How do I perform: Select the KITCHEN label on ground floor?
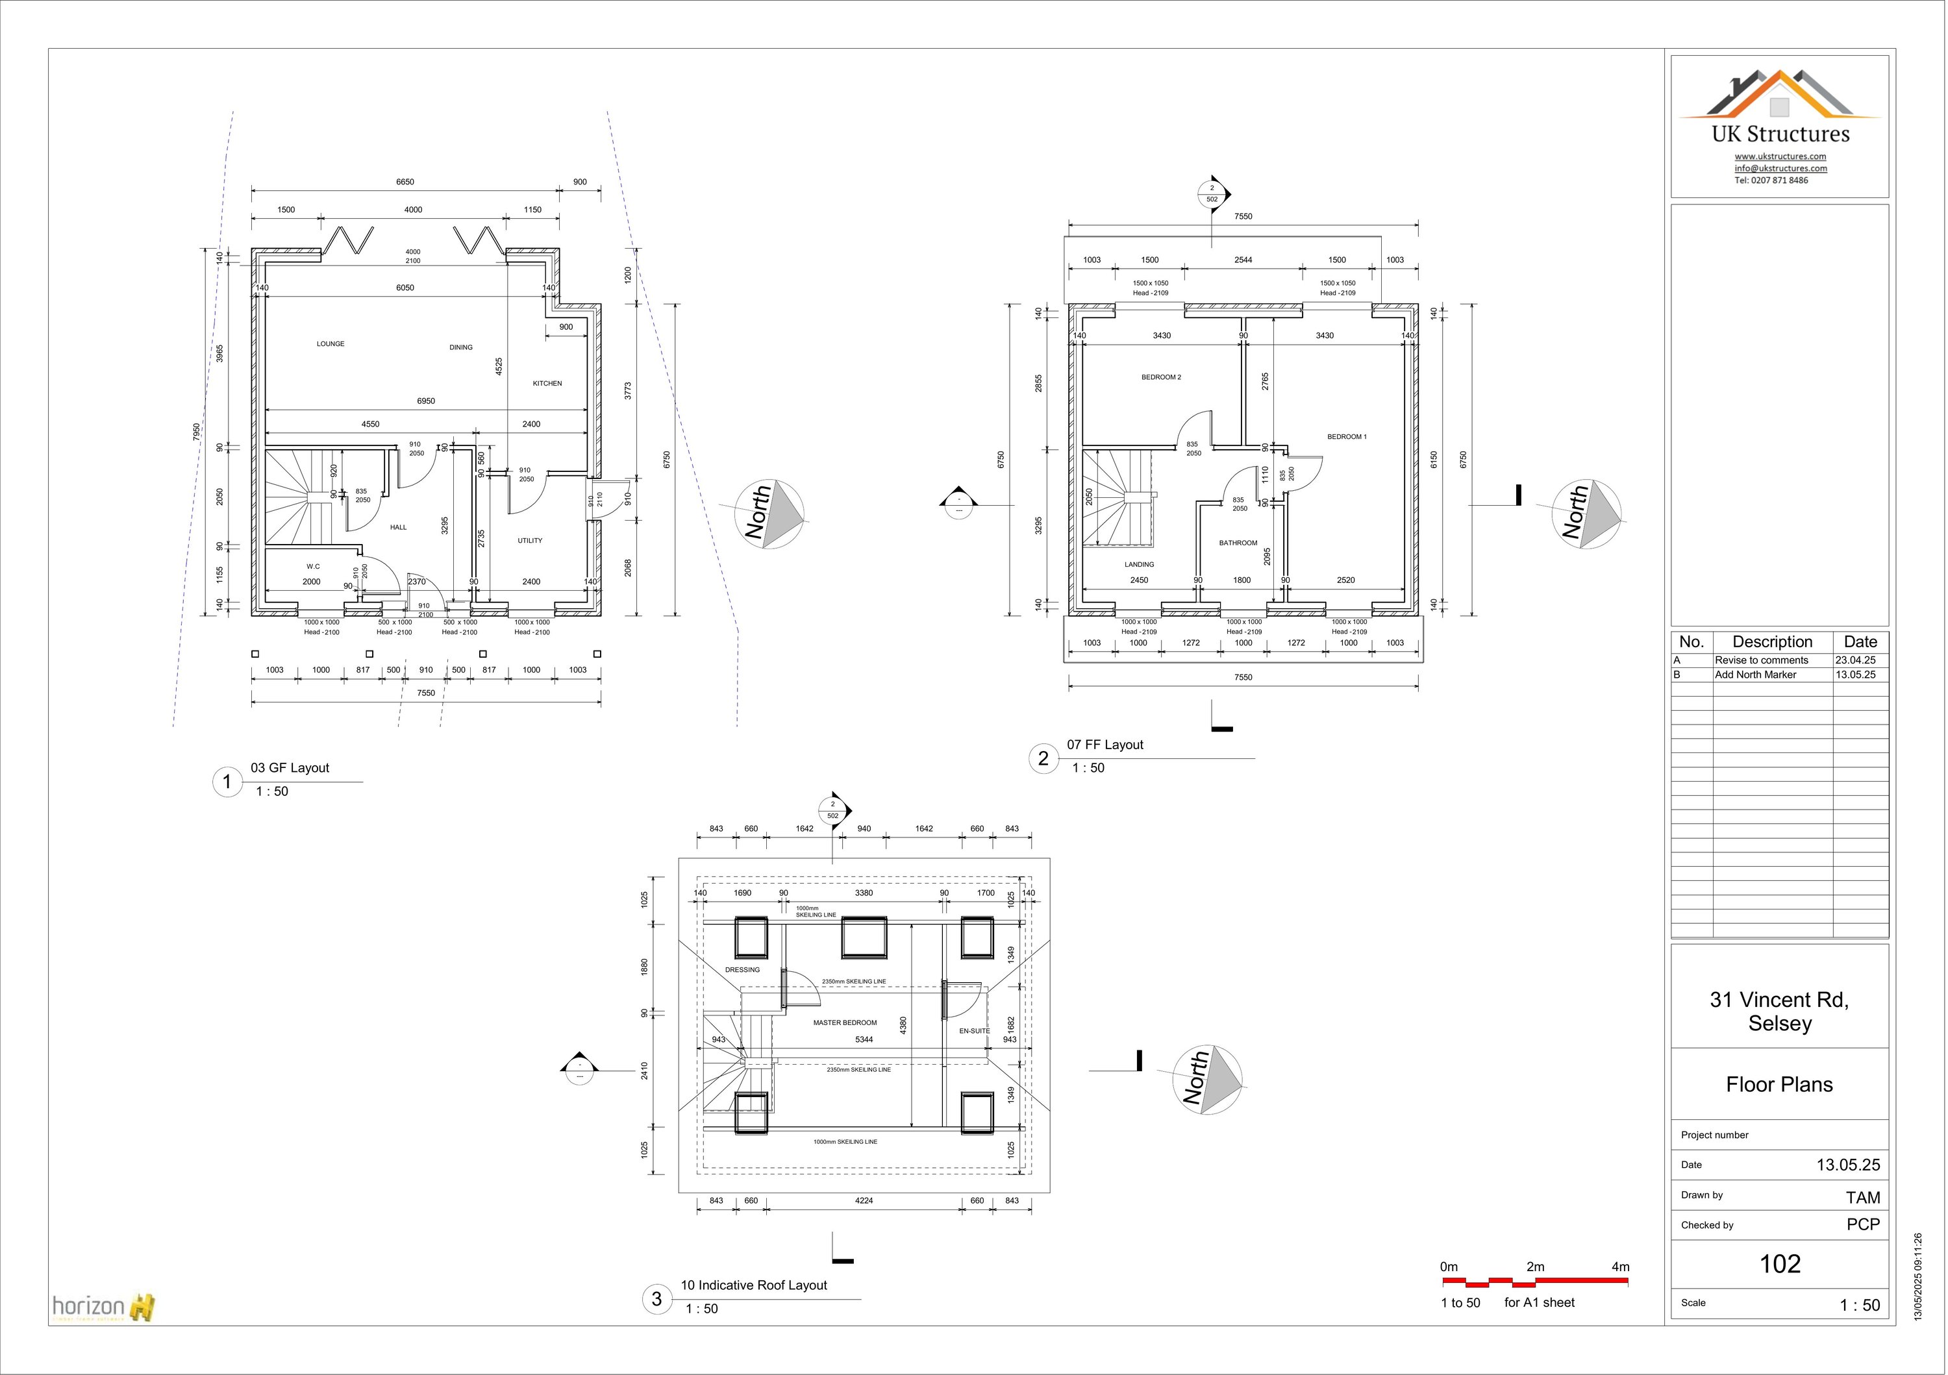tap(547, 384)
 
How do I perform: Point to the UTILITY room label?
tap(529, 540)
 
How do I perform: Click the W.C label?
tap(313, 567)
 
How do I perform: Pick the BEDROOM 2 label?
tap(1160, 377)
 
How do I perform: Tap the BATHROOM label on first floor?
tap(1238, 543)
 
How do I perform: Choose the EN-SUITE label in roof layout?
tap(974, 1031)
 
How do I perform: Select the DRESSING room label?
tap(742, 969)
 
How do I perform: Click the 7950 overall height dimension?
tap(196, 432)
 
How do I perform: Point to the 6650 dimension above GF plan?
tap(405, 182)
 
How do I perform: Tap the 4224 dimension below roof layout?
tap(864, 1200)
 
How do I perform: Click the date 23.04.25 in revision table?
tap(1854, 660)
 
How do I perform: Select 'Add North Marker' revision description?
tap(1754, 675)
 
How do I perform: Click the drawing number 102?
tap(1779, 1264)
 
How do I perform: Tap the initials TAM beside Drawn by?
tap(1862, 1197)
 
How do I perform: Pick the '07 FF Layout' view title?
tap(1105, 745)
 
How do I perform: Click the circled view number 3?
tap(656, 1298)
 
